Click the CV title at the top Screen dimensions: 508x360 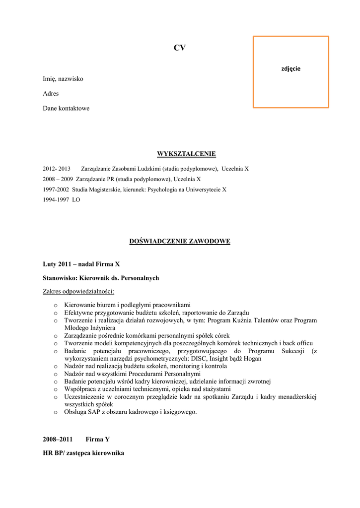[179, 48]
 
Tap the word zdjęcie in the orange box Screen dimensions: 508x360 [291, 69]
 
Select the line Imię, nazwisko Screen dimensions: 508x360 [63, 79]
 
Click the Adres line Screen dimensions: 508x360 [51, 94]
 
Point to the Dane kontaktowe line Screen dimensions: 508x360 [66, 109]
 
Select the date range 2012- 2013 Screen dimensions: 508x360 [57, 169]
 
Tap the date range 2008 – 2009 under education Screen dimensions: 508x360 [57, 179]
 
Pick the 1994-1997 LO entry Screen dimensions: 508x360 [61, 200]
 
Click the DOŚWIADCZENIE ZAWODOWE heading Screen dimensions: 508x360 [179, 242]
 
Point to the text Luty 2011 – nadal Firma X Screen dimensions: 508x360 [81, 264]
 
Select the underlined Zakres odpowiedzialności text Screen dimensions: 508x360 [78, 291]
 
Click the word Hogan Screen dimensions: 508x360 [252, 359]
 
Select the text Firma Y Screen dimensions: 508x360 [97, 440]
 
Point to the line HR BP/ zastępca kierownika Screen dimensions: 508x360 [83, 453]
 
